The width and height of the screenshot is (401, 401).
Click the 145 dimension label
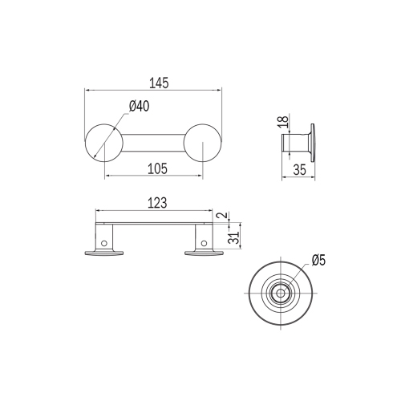click(159, 83)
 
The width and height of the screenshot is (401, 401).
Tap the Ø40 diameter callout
click(139, 106)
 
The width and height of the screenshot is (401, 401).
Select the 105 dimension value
click(157, 168)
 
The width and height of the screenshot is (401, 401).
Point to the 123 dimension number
click(157, 203)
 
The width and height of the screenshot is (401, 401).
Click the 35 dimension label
click(299, 170)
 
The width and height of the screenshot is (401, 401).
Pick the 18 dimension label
click(285, 122)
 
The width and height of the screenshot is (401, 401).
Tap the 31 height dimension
click(233, 237)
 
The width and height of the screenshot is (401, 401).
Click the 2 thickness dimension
click(225, 215)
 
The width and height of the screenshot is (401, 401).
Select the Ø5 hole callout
click(319, 260)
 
